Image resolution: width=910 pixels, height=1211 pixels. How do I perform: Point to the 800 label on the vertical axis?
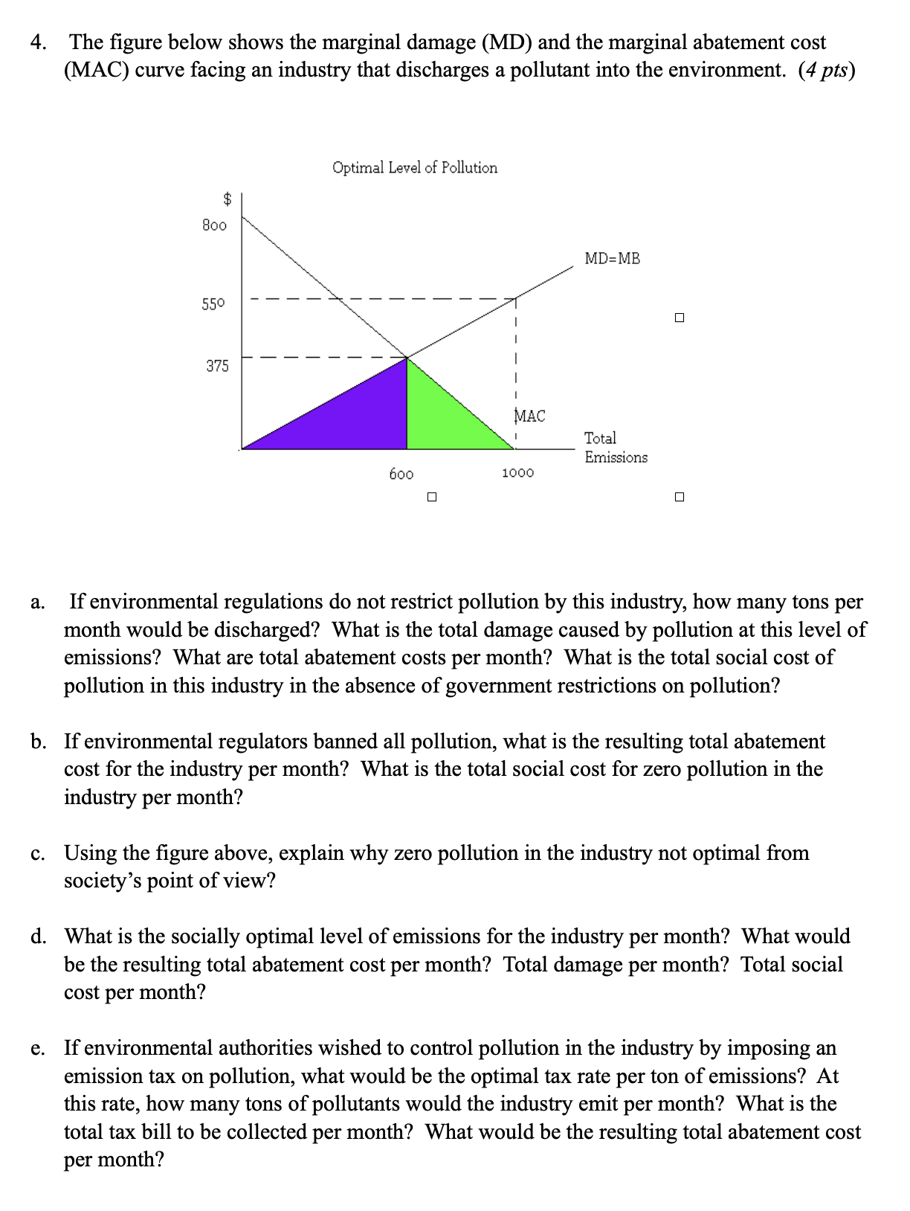(x=214, y=225)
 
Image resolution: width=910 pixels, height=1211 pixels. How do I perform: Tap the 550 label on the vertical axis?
(x=213, y=303)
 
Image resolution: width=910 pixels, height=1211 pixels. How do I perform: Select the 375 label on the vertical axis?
(x=217, y=366)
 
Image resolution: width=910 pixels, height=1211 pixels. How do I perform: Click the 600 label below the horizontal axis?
(x=401, y=474)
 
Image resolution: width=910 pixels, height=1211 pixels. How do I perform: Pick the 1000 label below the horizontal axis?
(x=517, y=473)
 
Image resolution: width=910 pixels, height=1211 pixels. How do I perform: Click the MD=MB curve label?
(x=612, y=259)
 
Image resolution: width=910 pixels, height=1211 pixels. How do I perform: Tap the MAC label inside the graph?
(x=530, y=416)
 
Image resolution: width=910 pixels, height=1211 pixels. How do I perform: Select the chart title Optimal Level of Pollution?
(x=415, y=167)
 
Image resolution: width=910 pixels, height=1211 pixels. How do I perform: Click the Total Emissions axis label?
(x=615, y=448)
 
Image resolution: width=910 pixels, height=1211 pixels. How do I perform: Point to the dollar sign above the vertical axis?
(x=228, y=199)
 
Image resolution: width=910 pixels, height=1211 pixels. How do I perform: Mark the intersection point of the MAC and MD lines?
(x=407, y=358)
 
